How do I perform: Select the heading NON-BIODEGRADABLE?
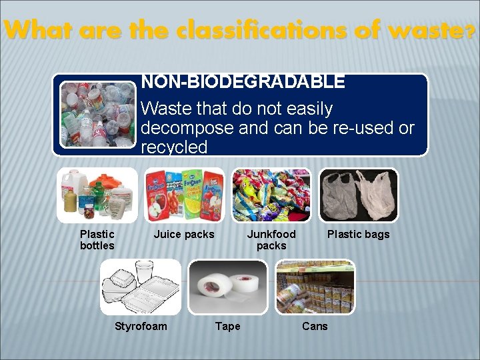click(x=243, y=82)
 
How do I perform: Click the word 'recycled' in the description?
click(x=174, y=147)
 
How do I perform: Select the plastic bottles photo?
click(x=97, y=195)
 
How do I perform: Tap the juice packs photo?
click(x=184, y=195)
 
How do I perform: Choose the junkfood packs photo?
click(x=271, y=195)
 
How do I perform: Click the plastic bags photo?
click(x=359, y=195)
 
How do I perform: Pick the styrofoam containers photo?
click(x=141, y=287)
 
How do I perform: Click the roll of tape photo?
click(x=227, y=287)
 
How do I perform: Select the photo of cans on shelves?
click(x=315, y=287)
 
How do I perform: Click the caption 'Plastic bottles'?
click(x=97, y=240)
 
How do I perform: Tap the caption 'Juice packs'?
click(x=184, y=234)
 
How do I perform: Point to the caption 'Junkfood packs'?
click(x=271, y=240)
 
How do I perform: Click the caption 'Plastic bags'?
click(x=358, y=234)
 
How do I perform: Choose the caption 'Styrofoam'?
click(x=141, y=326)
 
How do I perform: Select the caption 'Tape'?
click(x=228, y=326)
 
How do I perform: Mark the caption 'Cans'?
click(x=315, y=326)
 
